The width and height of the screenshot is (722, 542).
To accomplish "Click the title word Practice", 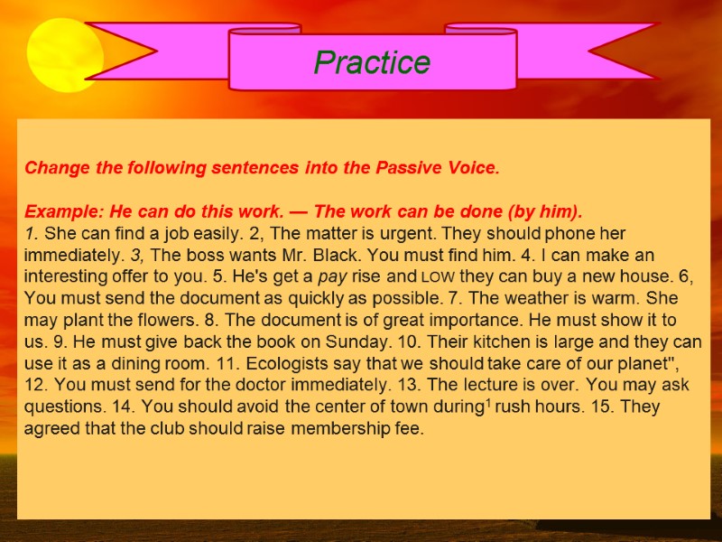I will click(x=372, y=61).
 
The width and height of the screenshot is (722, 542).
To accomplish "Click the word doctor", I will click(x=279, y=385).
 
